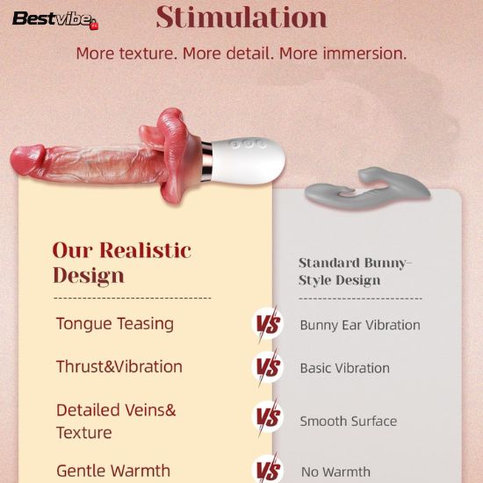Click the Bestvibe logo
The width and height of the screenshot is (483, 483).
pos(55,20)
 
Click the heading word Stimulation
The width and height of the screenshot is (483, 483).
pos(241,18)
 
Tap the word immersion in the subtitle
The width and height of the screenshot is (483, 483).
pos(364,54)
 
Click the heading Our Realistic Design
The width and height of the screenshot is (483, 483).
pos(122,263)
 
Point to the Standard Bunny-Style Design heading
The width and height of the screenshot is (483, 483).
pos(355,271)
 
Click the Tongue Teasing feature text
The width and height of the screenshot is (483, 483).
pos(115,324)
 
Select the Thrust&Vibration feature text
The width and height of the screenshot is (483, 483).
pos(119,367)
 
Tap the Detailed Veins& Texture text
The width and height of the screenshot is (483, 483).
pos(116,422)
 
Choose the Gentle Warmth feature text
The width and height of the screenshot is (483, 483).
pos(113,471)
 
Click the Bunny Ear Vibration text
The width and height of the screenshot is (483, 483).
pos(360,325)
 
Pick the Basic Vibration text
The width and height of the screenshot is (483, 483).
pos(345,368)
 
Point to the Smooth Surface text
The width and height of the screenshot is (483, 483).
pos(349,421)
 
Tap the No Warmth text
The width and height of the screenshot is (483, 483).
pos(335,472)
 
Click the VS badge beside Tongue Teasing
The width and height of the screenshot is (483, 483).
pos(268,324)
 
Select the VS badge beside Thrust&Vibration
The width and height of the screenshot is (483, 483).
pos(268,367)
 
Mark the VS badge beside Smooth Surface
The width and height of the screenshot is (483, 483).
pos(268,417)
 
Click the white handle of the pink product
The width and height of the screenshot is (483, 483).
pos(247,161)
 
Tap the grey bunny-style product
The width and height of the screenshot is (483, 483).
pos(367,188)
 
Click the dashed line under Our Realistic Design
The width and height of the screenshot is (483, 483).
pos(132,299)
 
